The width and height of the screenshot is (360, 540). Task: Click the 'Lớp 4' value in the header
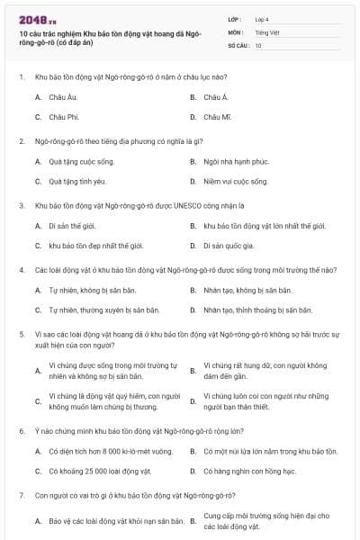point(264,19)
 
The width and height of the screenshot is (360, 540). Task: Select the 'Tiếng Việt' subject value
point(267,31)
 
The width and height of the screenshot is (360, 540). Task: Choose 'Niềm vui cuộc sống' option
point(235,181)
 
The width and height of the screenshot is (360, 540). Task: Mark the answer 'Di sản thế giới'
point(72,226)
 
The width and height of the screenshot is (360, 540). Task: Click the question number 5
point(21,334)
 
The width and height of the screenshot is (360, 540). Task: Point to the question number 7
point(21,495)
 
